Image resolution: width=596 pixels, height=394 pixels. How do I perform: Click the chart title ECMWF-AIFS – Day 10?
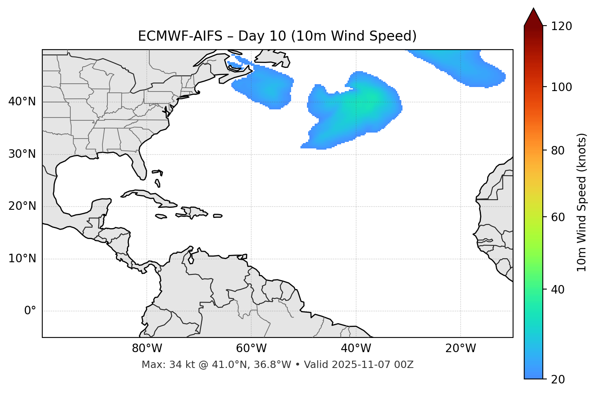(277, 36)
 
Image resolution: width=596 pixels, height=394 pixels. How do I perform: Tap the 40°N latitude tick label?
(22, 102)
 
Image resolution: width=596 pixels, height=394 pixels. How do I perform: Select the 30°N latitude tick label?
(22, 154)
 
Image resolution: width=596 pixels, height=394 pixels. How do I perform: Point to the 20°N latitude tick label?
(22, 206)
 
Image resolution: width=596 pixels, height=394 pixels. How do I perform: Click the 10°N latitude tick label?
(22, 259)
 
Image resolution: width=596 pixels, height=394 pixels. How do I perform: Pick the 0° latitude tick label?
(30, 311)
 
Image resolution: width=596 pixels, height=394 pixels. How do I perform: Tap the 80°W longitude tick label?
(147, 348)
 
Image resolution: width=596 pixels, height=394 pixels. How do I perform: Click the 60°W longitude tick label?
(251, 348)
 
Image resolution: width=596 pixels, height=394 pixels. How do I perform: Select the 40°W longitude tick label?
(356, 348)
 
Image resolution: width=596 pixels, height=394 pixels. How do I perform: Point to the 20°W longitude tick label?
(460, 348)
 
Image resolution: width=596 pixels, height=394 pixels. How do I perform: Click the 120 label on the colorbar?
(561, 26)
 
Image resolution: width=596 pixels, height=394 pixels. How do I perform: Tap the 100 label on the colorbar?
(561, 87)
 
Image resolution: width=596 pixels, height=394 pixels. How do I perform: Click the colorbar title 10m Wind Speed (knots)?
(582, 202)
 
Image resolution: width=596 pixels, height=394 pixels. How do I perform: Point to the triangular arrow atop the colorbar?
(533, 17)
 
